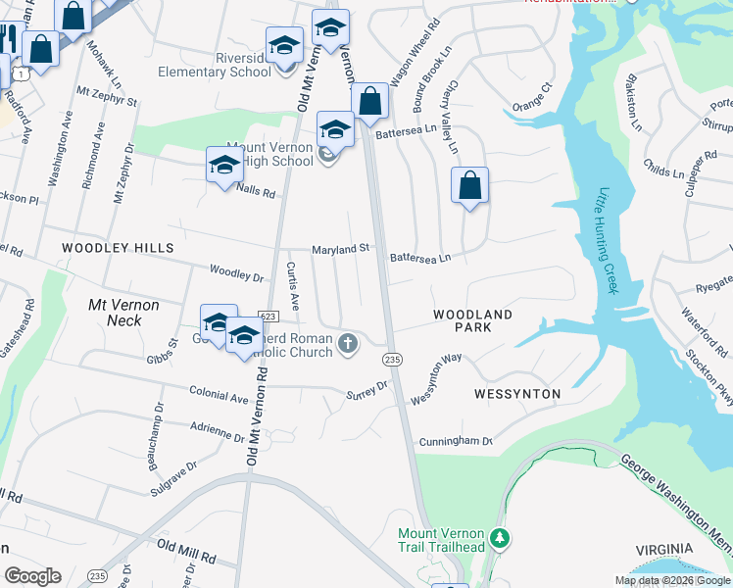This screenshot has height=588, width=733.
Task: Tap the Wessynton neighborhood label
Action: tap(516, 394)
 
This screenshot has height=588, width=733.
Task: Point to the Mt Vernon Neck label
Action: tap(123, 313)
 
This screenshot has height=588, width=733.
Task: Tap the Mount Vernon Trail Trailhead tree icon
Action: tap(501, 538)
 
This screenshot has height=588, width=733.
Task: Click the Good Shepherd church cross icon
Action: tap(348, 343)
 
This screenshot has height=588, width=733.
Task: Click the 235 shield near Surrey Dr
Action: tap(393, 360)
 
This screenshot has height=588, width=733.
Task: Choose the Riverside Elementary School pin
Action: tap(284, 45)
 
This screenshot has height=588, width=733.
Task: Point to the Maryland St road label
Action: tap(340, 249)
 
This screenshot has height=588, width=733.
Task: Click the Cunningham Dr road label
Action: tap(456, 442)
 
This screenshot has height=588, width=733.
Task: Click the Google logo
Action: tap(32, 576)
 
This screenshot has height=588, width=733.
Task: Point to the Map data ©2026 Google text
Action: tap(671, 580)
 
